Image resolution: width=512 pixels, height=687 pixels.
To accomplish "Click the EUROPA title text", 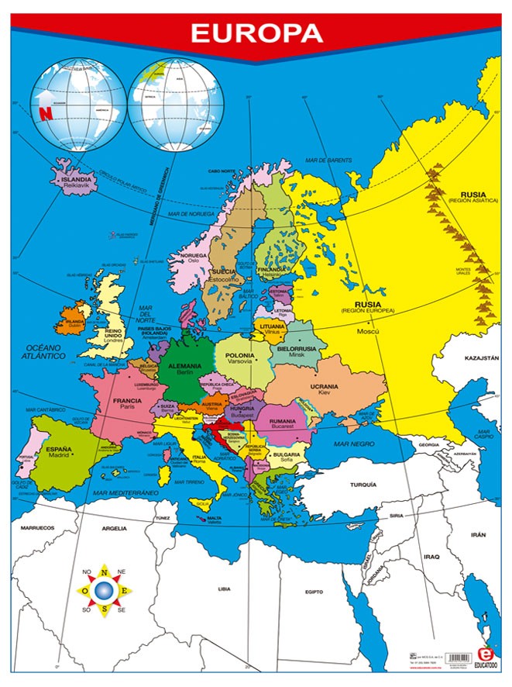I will pyautogui.click(x=256, y=33).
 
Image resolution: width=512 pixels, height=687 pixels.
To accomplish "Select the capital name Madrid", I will pyautogui.click(x=59, y=456).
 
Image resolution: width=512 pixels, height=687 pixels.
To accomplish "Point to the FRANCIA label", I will pyautogui.click(x=127, y=401).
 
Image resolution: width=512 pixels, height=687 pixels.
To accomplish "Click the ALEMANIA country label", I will pyautogui.click(x=184, y=365).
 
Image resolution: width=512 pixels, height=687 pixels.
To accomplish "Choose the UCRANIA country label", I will pyautogui.click(x=324, y=386).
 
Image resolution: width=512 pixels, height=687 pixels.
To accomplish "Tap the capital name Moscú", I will pyautogui.click(x=366, y=331).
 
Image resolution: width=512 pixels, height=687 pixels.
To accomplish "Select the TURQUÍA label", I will pyautogui.click(x=363, y=484).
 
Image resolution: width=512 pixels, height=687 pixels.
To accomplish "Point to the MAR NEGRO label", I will pyautogui.click(x=349, y=444).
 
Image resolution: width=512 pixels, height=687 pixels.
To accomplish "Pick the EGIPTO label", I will pyautogui.click(x=314, y=592).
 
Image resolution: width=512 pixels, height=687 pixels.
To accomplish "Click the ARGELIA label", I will pyautogui.click(x=114, y=528).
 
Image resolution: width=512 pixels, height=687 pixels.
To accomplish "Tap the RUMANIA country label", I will pyautogui.click(x=283, y=421).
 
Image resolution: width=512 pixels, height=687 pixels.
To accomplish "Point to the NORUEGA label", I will pyautogui.click(x=193, y=255).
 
